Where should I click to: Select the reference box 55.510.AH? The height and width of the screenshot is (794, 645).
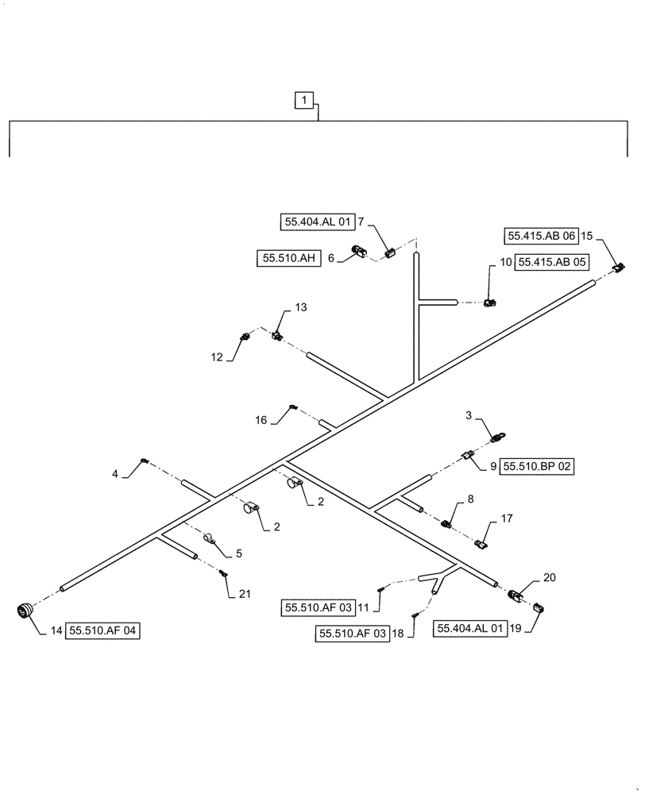pos(288,257)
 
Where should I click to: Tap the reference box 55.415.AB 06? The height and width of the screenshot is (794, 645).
pos(540,236)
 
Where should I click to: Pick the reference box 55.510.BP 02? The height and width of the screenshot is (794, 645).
pos(536,467)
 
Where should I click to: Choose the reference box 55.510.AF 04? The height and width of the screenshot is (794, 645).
pos(103,631)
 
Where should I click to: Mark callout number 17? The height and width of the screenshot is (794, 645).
pos(506,518)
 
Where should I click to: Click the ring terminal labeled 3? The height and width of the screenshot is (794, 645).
pos(499,436)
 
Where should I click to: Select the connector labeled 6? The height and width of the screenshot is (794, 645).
pos(362,253)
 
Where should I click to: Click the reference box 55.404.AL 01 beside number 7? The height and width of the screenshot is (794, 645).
pos(316,223)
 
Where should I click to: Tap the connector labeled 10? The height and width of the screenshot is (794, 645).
pos(491,303)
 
